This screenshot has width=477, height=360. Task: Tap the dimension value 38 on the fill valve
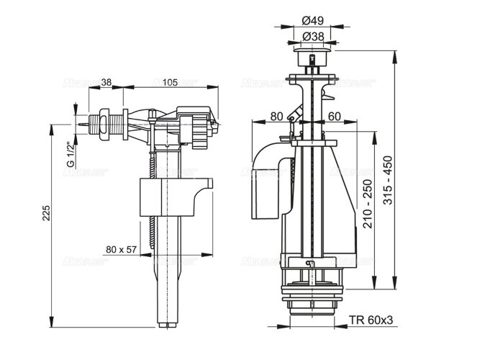point(105,82)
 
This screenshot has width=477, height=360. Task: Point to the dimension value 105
point(170,82)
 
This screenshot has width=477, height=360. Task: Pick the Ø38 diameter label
point(312,35)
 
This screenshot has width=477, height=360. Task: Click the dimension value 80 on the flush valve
point(276,115)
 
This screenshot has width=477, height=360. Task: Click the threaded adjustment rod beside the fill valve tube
point(152,209)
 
